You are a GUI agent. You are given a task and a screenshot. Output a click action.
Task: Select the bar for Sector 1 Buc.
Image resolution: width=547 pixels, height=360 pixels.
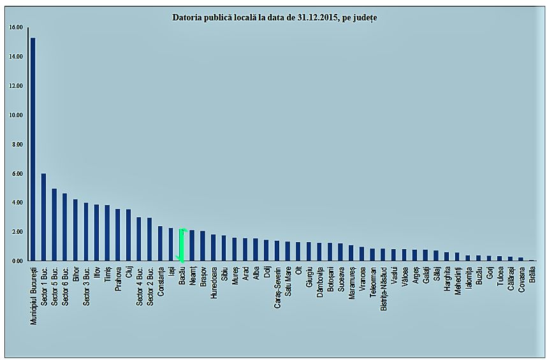(43, 217)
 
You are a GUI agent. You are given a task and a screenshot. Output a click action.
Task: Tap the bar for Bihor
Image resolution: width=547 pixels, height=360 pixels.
(75, 230)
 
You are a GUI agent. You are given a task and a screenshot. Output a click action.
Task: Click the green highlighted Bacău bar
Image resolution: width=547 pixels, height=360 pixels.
(182, 245)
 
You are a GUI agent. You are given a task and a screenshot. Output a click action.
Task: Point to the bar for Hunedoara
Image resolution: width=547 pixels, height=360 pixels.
(214, 248)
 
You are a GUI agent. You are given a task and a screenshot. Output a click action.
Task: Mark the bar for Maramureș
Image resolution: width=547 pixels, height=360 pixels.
(351, 253)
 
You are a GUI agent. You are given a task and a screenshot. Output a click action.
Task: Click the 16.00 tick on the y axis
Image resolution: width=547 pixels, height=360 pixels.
(16, 27)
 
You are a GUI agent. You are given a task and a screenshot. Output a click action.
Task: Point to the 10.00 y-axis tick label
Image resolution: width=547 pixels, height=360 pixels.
(16, 115)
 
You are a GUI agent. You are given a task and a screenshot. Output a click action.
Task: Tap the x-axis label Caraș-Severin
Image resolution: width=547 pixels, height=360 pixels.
(277, 289)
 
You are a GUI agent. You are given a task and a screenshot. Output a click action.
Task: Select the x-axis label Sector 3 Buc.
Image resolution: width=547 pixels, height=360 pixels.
(86, 287)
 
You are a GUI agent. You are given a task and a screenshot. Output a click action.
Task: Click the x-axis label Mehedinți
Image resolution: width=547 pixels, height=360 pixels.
(458, 282)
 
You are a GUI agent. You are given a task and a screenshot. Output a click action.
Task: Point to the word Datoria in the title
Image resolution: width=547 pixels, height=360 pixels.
(188, 17)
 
